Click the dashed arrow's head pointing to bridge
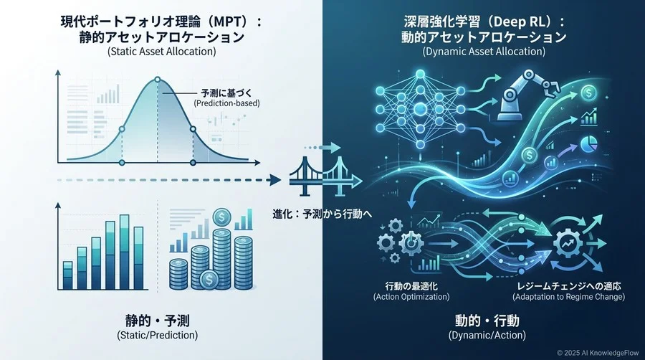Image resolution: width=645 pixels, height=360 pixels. tap(275, 179)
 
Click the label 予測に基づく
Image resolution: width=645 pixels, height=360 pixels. tap(226, 93)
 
